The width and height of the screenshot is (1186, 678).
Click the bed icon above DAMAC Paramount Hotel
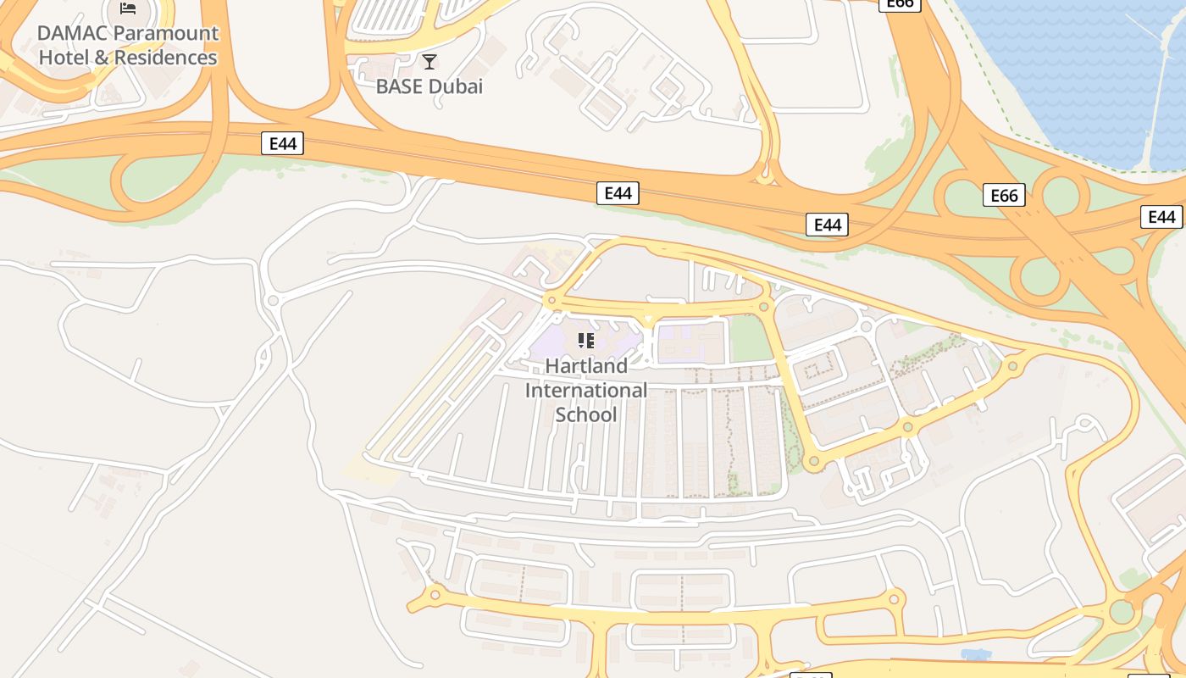click(128, 8)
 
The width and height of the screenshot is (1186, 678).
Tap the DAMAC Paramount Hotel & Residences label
click(128, 46)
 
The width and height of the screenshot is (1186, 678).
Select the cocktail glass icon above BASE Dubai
click(430, 61)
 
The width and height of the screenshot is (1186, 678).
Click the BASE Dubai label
click(430, 86)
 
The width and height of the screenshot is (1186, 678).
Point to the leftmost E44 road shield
click(282, 143)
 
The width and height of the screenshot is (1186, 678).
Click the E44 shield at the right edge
click(1161, 217)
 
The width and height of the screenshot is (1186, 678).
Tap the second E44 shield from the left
click(618, 193)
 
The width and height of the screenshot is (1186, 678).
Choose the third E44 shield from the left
click(827, 225)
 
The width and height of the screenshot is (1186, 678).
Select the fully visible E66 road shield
click(1004, 196)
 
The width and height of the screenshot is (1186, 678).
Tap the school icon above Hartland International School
click(585, 341)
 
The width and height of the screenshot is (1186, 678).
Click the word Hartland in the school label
click(586, 366)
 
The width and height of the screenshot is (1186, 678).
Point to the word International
click(586, 391)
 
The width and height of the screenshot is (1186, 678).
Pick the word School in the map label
click(586, 415)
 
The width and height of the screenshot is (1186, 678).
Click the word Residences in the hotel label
click(165, 58)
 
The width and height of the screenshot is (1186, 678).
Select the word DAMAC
click(73, 33)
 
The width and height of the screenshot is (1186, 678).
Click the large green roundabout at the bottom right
click(1122, 611)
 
